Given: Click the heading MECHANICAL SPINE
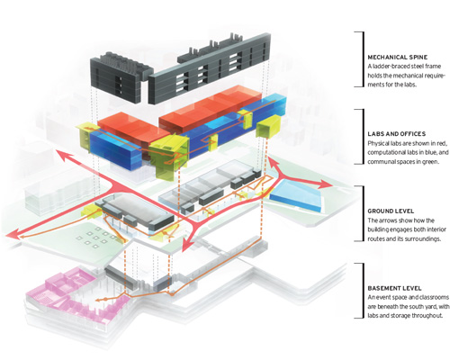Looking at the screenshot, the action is (x=398, y=58).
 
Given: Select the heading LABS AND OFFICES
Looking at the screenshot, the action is (x=397, y=134).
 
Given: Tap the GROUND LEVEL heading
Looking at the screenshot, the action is (x=391, y=211).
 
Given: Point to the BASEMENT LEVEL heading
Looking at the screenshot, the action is (x=394, y=288).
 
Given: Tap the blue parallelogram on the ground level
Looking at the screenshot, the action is (x=296, y=196).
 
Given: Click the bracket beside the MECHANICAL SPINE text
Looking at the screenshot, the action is (x=364, y=59).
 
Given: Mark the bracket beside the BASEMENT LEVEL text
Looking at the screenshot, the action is (x=364, y=291).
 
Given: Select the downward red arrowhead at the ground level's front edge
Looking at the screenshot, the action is (x=186, y=244).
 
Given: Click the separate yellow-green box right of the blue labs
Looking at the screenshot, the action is (x=268, y=126).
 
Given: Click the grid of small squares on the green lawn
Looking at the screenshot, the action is (x=96, y=237).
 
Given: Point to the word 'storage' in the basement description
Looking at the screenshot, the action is (x=400, y=316).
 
